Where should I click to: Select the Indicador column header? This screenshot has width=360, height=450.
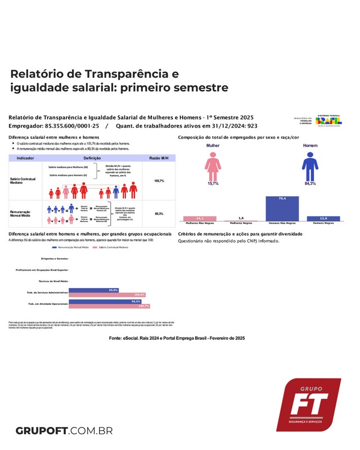[x=25, y=159]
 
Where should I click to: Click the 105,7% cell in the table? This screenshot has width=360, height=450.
[x=159, y=181]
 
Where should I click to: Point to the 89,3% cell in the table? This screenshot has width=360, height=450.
[x=159, y=214]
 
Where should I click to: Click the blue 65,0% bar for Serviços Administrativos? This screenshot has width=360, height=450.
[x=94, y=290]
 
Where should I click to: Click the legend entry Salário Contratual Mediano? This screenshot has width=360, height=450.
[x=116, y=247]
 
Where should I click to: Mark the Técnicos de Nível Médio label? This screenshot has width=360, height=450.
[x=53, y=280]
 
